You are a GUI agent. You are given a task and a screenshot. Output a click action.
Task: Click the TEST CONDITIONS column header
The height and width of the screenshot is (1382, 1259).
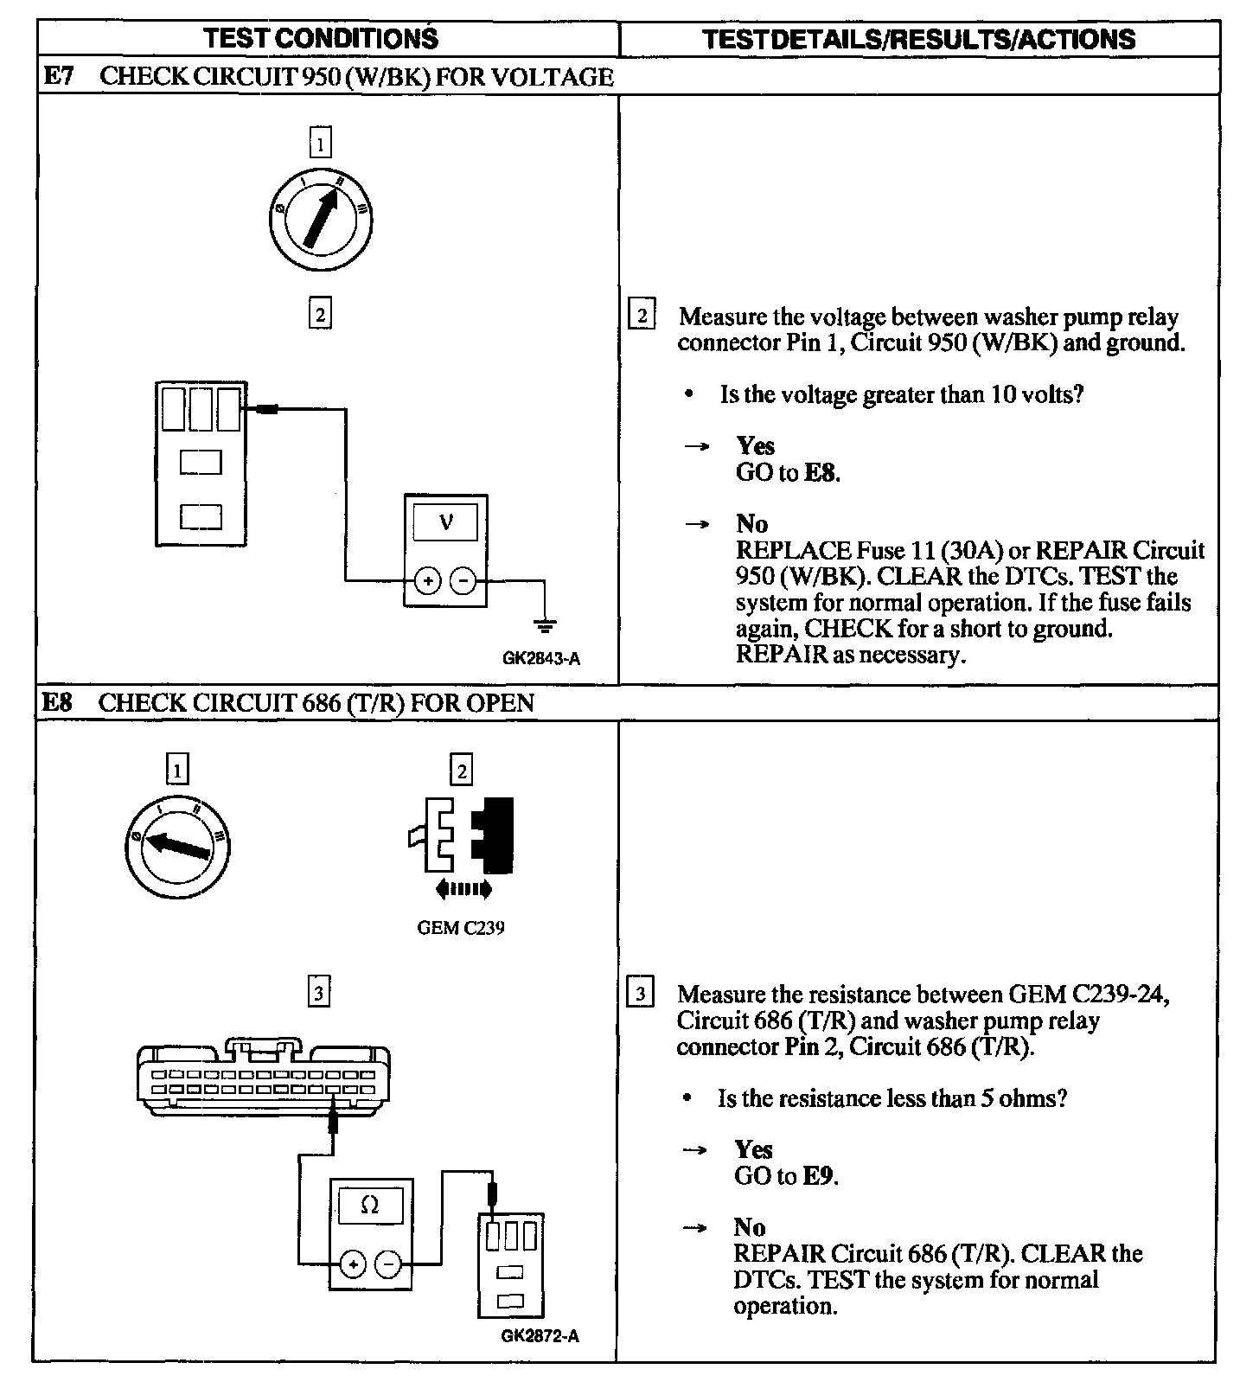(x=321, y=39)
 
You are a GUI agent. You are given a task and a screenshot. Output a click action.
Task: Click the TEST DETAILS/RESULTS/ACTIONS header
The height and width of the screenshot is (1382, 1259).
(x=918, y=40)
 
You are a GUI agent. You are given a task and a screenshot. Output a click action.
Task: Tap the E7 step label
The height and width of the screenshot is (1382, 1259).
(x=58, y=76)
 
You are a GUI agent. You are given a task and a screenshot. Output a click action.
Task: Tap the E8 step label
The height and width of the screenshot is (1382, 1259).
(x=57, y=702)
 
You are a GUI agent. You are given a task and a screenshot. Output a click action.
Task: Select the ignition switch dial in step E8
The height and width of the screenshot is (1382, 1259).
(x=177, y=846)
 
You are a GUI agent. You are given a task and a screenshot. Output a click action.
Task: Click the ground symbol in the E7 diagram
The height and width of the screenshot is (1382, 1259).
(x=545, y=624)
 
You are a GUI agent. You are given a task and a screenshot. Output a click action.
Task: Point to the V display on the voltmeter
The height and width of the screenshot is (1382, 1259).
(x=446, y=522)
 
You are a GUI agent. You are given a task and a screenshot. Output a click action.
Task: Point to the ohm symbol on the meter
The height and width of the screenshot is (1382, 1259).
(x=369, y=1206)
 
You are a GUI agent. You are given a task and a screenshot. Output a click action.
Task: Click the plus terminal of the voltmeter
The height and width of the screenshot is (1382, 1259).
(x=428, y=581)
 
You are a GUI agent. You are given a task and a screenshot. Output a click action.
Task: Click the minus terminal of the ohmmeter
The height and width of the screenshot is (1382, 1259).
(x=389, y=1264)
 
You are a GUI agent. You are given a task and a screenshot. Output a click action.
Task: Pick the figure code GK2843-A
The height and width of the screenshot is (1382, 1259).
(x=541, y=658)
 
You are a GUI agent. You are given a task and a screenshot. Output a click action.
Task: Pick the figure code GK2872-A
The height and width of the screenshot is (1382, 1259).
(x=540, y=1336)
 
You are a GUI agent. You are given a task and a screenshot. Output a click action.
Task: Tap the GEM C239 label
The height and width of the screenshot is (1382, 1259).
(x=461, y=928)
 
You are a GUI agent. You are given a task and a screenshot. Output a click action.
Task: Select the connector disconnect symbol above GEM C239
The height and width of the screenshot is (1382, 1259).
(x=462, y=835)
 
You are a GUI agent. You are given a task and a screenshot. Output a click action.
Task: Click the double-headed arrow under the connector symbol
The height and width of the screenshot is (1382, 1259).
(x=463, y=888)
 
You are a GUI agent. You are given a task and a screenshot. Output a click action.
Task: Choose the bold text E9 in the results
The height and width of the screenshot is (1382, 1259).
(x=819, y=1176)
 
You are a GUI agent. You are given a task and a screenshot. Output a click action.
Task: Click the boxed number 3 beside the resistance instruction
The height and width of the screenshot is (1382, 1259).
(x=640, y=994)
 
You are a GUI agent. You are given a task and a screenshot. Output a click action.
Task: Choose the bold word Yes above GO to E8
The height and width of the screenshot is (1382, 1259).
(x=755, y=445)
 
